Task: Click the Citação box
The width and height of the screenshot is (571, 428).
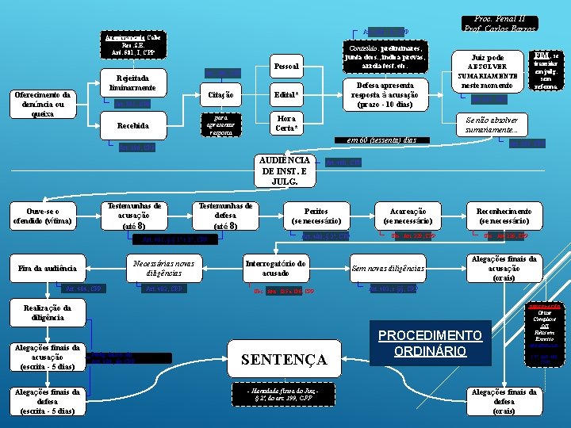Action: [219, 96]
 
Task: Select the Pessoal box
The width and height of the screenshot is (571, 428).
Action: [285, 67]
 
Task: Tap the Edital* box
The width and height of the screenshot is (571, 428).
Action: [285, 96]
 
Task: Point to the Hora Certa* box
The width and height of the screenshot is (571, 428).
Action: [285, 124]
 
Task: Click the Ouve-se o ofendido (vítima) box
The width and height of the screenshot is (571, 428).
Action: [42, 216]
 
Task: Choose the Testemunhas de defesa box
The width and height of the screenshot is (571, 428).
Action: [225, 216]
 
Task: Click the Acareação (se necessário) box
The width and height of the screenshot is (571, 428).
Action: [409, 216]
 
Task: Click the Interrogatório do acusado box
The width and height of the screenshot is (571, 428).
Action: [276, 269]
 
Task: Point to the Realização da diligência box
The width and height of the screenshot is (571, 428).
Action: [42, 312]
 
